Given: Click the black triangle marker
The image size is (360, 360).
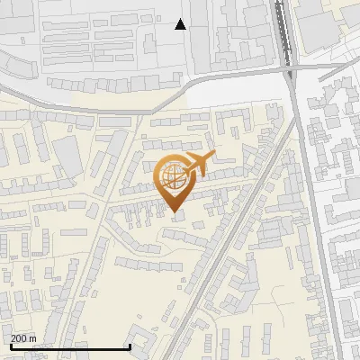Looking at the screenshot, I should tap(181, 24).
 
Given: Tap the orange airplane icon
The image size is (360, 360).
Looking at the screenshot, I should tap(197, 165).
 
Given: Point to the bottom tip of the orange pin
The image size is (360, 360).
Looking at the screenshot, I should tap(173, 212).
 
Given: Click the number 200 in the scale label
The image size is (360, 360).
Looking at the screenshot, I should tap(19, 338).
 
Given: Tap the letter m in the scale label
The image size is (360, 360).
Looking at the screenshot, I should tap(33, 338).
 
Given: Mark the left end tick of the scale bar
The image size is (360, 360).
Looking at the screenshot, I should tap(10, 346).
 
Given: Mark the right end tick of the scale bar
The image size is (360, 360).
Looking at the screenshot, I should tap(130, 346).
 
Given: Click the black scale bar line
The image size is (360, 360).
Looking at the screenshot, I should tap(70, 347).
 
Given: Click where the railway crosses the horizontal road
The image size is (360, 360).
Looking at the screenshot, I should tap(289, 70).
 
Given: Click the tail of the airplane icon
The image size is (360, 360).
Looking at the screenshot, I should tap(183, 163).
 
